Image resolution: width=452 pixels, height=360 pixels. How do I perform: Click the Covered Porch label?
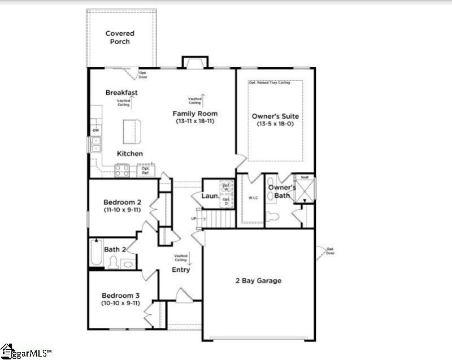coord(120,38)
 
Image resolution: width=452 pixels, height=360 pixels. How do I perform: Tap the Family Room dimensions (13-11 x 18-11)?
coord(195,121)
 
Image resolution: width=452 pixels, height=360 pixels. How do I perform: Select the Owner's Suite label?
coord(275,116)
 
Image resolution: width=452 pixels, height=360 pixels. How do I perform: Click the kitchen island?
coord(131,132)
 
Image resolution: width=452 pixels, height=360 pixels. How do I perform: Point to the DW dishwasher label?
coord(95,131)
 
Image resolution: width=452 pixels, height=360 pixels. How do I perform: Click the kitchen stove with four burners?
coord(123,170)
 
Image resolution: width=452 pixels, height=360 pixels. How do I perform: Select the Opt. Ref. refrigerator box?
coord(145,170)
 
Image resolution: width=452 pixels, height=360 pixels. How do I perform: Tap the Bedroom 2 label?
coord(122,202)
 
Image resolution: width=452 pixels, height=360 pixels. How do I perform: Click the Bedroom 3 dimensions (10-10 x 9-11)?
coord(120,303)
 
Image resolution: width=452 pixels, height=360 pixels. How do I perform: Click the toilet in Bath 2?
coord(113,262)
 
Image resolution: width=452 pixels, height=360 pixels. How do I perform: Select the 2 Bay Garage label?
coord(258,280)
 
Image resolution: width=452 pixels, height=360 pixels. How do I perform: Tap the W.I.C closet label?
coord(252,198)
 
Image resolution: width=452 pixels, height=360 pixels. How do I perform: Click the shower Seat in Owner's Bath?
coord(304,177)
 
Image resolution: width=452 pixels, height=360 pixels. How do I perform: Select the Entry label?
coord(181,270)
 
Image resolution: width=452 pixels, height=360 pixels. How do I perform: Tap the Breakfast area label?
coord(121,93)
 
